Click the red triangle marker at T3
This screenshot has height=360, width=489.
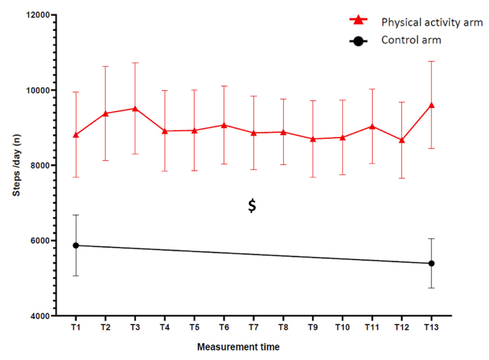(x=135, y=108)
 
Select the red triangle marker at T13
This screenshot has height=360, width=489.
(x=432, y=105)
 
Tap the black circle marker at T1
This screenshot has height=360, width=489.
(x=76, y=245)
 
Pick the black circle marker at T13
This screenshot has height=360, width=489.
(x=432, y=263)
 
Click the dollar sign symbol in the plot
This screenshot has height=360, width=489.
(x=252, y=206)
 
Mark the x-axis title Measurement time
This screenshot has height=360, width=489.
(x=238, y=347)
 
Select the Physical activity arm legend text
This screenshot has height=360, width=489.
(x=432, y=22)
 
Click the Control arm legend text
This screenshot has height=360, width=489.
(x=410, y=40)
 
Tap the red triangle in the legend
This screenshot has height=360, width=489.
(x=359, y=21)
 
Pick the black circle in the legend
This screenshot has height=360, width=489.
(x=359, y=41)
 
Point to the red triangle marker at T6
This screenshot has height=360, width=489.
(x=224, y=124)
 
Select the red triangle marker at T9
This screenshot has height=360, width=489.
(x=313, y=138)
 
